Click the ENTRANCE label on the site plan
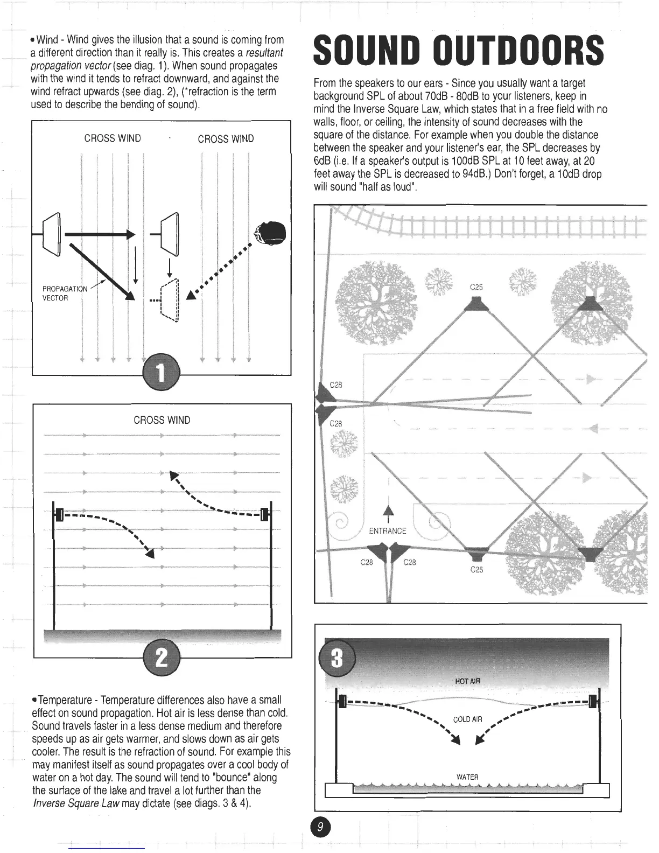388,531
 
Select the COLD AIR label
467,719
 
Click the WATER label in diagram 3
467,777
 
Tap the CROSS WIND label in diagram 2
162,420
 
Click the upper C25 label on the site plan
476,287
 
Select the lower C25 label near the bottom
476,569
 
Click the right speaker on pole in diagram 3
593,701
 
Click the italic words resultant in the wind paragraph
264,53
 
